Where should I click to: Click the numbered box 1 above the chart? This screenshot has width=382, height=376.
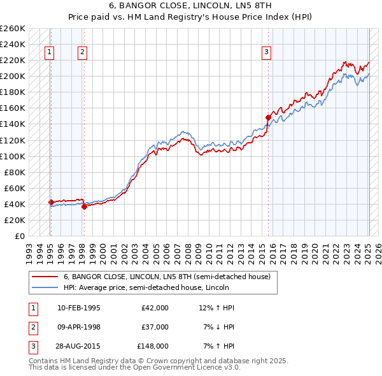pyautogui.click(x=49, y=53)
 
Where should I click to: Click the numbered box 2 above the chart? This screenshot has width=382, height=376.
pyautogui.click(x=83, y=53)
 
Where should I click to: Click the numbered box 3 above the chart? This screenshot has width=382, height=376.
pyautogui.click(x=266, y=53)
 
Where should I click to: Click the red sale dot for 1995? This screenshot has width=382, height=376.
pyautogui.click(x=50, y=202)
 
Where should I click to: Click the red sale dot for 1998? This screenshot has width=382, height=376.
pyautogui.click(x=84, y=206)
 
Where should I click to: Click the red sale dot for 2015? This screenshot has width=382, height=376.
pyautogui.click(x=268, y=117)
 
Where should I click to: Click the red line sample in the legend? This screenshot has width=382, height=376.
pyautogui.click(x=45, y=277)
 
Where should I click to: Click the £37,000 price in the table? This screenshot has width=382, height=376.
pyautogui.click(x=155, y=327)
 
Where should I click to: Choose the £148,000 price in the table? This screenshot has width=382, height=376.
pyautogui.click(x=153, y=346)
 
